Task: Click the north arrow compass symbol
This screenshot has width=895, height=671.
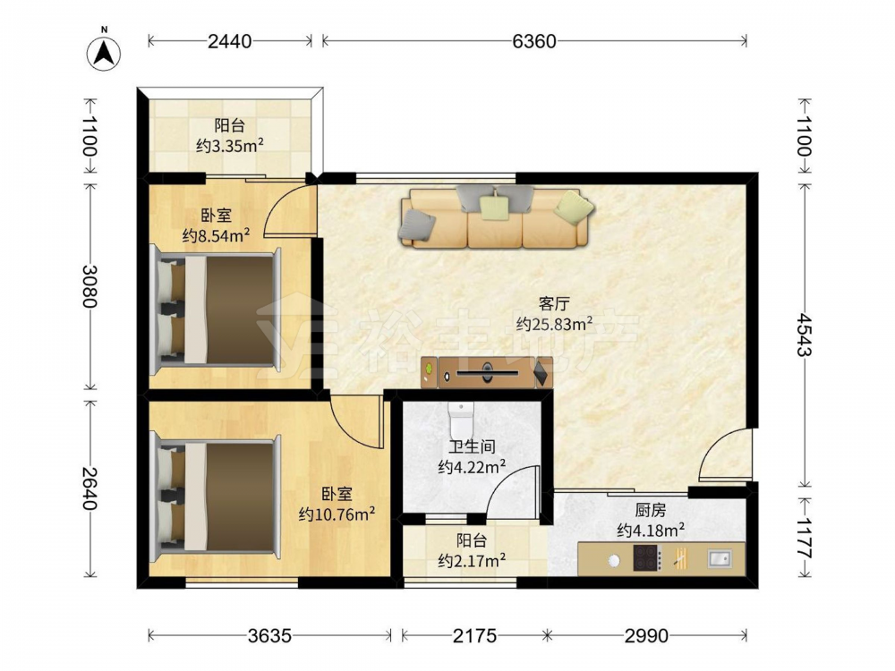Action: click(x=103, y=52)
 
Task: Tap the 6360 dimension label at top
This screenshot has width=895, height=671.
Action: click(x=534, y=41)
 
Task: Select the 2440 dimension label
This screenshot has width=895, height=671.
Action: click(x=229, y=41)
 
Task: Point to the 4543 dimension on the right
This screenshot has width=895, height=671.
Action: click(x=805, y=335)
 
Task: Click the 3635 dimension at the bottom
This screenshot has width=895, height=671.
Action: click(x=269, y=635)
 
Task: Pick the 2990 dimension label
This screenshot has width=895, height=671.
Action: click(x=646, y=635)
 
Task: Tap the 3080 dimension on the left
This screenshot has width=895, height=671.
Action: click(x=89, y=286)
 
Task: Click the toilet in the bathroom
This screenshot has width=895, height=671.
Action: click(x=461, y=420)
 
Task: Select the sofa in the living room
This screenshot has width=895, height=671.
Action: click(x=496, y=218)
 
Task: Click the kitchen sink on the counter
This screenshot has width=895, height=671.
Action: click(x=720, y=558)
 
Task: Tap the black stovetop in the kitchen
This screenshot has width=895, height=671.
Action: click(x=647, y=558)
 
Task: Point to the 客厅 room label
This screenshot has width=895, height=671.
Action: click(x=554, y=303)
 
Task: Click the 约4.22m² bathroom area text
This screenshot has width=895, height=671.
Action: click(x=472, y=467)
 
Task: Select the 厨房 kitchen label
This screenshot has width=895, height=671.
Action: click(x=651, y=510)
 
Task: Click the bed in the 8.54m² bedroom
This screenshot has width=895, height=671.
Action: click(x=216, y=310)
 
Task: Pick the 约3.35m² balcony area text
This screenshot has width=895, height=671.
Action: click(x=229, y=146)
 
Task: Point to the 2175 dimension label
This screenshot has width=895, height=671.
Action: click(x=475, y=635)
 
